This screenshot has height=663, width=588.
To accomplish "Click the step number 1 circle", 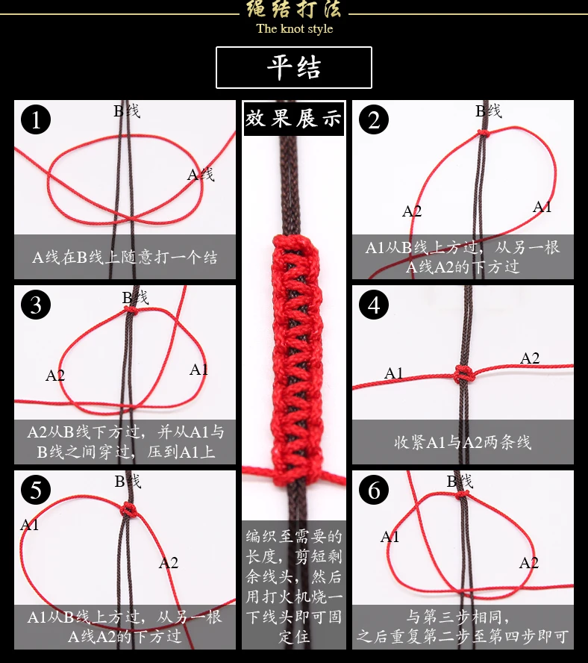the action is pyautogui.click(x=36, y=119).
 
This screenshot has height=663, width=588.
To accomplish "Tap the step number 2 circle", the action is pyautogui.click(x=374, y=119).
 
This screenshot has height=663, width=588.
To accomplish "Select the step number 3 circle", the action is pyautogui.click(x=36, y=305).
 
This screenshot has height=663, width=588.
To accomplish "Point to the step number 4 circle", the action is pyautogui.click(x=374, y=305).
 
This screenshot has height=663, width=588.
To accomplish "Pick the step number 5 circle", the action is pyautogui.click(x=36, y=490).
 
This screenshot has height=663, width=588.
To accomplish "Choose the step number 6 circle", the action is pyautogui.click(x=374, y=490).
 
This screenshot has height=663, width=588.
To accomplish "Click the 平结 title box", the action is pyautogui.click(x=294, y=68).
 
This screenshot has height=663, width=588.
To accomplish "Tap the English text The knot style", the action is pyautogui.click(x=295, y=29).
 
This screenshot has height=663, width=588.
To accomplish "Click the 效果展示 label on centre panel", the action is pyautogui.click(x=294, y=118).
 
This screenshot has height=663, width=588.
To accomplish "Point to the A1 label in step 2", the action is pyautogui.click(x=542, y=207).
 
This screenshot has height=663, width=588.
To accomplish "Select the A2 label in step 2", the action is pyautogui.click(x=412, y=211).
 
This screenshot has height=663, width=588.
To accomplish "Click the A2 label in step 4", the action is pyautogui.click(x=530, y=358).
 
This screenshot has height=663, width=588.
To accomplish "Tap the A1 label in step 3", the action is pyautogui.click(x=198, y=370).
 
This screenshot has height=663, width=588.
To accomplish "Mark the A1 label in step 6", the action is pyautogui.click(x=390, y=537).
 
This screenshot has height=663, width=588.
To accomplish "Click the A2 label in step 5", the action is pyautogui.click(x=169, y=563).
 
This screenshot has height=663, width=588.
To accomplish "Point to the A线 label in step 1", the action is pyautogui.click(x=201, y=174).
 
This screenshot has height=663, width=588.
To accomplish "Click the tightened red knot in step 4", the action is pyautogui.click(x=464, y=374).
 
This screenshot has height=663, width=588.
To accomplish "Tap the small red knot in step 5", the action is pyautogui.click(x=128, y=510).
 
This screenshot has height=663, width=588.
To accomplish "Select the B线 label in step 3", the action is pyautogui.click(x=135, y=298).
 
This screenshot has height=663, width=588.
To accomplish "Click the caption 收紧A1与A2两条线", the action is pyautogui.click(x=463, y=442).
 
